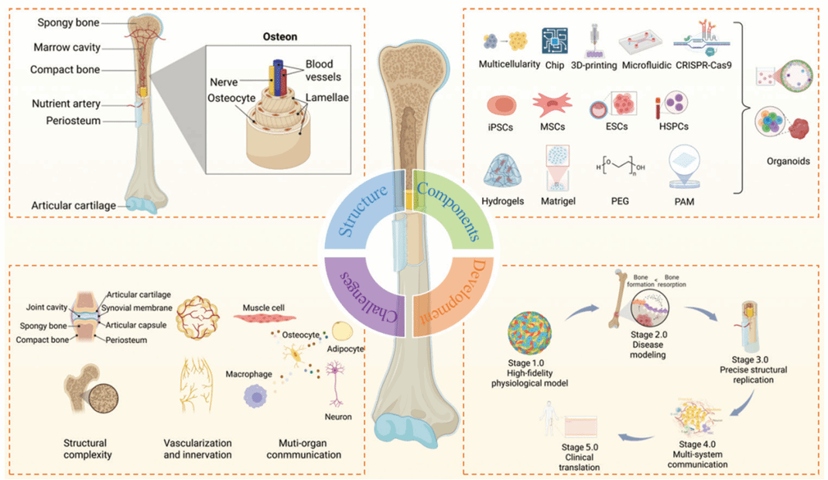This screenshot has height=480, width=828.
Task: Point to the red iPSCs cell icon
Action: [x=501, y=106]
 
